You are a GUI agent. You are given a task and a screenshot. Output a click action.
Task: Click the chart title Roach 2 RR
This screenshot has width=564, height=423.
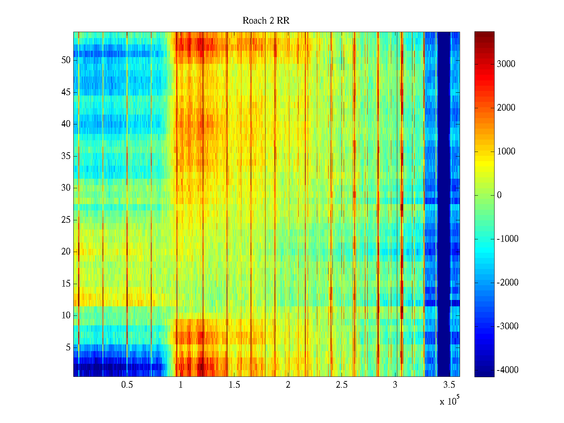coord(266,21)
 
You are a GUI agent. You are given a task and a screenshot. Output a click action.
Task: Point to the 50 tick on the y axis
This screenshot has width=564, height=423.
coord(66,60)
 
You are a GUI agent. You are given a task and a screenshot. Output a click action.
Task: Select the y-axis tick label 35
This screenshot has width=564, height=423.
coord(66,156)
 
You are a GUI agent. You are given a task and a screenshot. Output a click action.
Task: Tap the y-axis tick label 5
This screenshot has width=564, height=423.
coord(68,348)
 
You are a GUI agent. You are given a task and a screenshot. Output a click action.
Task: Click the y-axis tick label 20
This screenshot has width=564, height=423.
coord(66,252)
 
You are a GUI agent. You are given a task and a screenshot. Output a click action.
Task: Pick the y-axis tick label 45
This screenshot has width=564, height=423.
coord(66,92)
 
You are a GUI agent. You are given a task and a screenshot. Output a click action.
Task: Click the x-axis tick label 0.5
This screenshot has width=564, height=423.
coord(127,385)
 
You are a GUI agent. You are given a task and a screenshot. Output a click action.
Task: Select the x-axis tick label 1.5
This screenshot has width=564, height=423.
coord(234,385)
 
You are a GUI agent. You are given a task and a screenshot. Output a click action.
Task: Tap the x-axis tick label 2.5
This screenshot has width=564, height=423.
coord(342,385)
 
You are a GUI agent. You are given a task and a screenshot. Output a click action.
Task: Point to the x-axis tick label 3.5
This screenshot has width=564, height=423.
coord(449,385)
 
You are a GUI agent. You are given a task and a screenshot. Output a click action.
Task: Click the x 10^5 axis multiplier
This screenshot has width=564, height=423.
coord(449,401)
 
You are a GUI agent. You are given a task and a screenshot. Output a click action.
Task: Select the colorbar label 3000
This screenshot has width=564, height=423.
coord(506,64)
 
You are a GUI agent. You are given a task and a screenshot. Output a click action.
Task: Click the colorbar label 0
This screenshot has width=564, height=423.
coord(499,195)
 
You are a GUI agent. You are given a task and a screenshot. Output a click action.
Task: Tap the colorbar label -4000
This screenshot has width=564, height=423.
coord(507,370)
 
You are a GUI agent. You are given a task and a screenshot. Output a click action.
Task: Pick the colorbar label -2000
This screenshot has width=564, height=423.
coord(507,283)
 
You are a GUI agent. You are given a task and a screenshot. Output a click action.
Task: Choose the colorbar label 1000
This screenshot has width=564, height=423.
coord(506,152)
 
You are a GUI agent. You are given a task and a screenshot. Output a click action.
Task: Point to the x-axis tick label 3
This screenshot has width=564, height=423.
coord(395,385)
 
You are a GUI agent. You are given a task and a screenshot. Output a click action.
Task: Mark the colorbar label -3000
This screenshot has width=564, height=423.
coord(507,326)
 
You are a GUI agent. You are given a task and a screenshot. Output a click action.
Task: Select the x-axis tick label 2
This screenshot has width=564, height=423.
coord(288,385)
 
